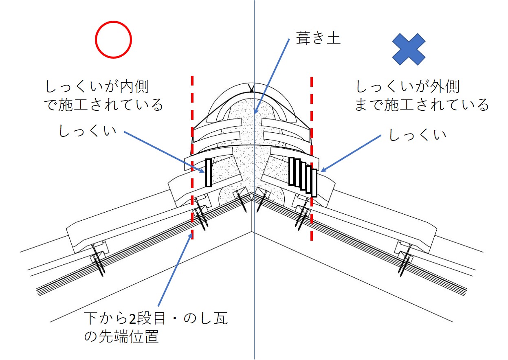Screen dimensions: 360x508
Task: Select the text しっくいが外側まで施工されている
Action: (422, 95)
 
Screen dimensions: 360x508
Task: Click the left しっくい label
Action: (87, 131)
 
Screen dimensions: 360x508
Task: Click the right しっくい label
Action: (417, 135)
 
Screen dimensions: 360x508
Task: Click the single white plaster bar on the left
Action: (209, 172)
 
